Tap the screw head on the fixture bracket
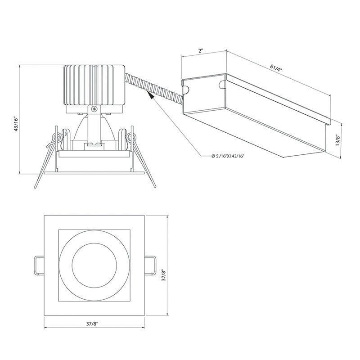coord(94,109)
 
